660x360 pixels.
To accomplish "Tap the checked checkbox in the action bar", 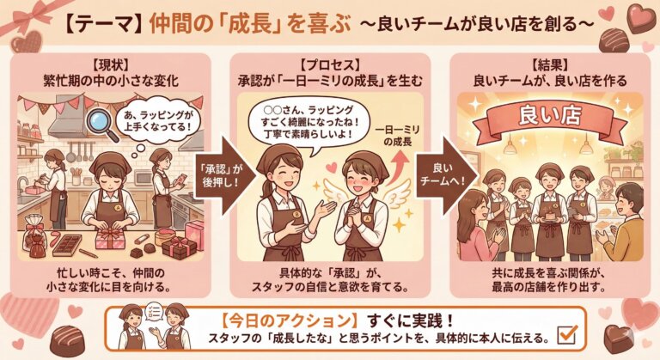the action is (566, 334).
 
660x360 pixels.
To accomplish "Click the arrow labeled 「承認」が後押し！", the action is (224, 175).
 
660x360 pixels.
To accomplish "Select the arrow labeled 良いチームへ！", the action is (447, 174).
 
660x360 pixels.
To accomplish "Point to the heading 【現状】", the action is (110, 65).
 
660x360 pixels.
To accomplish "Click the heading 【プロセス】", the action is (330, 65).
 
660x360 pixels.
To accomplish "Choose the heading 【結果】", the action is (550, 65).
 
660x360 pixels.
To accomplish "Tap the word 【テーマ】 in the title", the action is (103, 24).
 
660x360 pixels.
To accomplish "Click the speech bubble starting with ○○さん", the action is (308, 123).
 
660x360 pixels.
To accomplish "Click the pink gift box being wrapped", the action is (110, 240).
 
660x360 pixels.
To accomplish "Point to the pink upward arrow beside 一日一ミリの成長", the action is (399, 168).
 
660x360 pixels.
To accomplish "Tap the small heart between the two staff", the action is (331, 168).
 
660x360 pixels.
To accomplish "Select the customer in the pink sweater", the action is (479, 224).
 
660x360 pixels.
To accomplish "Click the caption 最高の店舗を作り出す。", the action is (549, 288).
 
